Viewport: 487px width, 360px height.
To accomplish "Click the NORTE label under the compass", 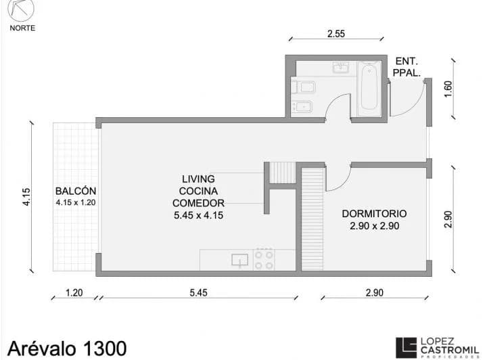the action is (x=22, y=28).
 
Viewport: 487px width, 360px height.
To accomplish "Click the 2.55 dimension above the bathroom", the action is (x=336, y=34).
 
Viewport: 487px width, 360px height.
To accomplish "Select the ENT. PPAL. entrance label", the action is (x=407, y=67).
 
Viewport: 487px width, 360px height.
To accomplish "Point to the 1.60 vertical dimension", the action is (x=448, y=89).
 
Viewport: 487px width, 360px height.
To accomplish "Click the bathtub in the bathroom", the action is (x=369, y=89).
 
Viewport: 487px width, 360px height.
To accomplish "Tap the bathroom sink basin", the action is (x=341, y=67).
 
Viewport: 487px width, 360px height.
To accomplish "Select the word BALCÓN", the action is (x=76, y=191).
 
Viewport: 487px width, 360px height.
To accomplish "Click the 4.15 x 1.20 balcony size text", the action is (x=76, y=202).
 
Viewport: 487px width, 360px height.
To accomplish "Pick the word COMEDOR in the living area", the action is (x=198, y=203).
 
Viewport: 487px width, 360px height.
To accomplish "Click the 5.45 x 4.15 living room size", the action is (x=198, y=215).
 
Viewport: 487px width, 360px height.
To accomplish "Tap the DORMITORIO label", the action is (x=374, y=214).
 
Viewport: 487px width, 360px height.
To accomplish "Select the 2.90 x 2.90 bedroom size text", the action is (x=375, y=226).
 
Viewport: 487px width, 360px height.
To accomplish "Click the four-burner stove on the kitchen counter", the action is (x=264, y=259).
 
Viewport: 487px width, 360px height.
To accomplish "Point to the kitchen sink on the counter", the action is (x=239, y=260).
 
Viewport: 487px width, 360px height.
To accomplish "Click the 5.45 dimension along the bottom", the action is (x=198, y=292).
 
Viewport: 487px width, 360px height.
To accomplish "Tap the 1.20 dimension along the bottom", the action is (x=74, y=292).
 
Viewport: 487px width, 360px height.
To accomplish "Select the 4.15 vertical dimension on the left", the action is (x=26, y=197).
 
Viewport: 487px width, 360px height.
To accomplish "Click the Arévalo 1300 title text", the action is (x=67, y=348).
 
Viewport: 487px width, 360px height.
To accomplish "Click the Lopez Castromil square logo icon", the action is (x=406, y=348).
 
